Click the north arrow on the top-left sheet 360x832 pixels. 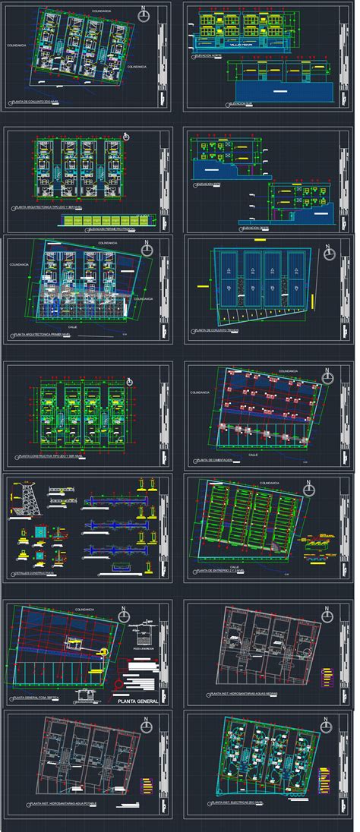point(144,14)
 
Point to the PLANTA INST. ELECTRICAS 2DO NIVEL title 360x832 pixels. point(243,802)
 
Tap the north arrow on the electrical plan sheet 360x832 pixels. point(329,725)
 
